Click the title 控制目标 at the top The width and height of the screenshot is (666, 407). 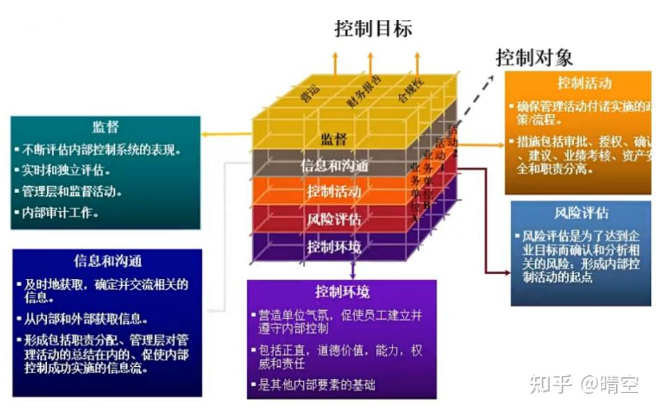tap(373, 28)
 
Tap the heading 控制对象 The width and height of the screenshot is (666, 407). tap(534, 56)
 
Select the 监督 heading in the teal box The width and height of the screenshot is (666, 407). tap(105, 127)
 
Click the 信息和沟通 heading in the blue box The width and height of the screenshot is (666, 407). tap(107, 261)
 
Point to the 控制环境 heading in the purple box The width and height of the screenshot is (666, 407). tap(342, 291)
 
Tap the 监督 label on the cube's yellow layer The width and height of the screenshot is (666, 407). tap(333, 139)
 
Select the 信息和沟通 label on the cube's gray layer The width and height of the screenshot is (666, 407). tap(334, 166)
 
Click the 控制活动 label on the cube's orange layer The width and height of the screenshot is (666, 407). tap(334, 192)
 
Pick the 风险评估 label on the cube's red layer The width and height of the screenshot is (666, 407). tap(334, 219)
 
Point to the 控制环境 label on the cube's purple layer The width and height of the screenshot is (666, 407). tap(334, 246)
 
